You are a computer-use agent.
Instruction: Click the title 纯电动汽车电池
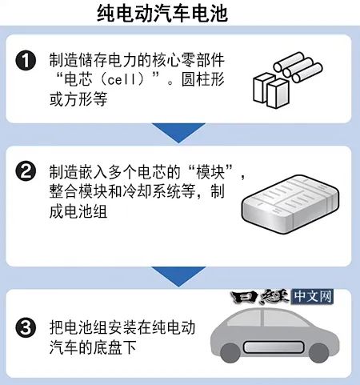pos(162,13)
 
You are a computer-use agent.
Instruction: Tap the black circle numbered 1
pos(26,61)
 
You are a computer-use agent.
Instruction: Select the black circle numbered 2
pos(26,171)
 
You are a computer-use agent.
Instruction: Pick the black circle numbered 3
pos(26,327)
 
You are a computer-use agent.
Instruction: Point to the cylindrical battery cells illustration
pos(298,66)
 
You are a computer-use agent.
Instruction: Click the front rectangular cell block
pos(278,94)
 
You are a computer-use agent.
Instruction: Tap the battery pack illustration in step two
pos(290,204)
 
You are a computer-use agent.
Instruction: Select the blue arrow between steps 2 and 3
pos(178,276)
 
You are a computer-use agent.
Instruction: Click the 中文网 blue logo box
pos(312,297)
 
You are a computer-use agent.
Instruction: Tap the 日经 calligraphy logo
pos(260,297)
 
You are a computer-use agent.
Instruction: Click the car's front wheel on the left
pos(230,353)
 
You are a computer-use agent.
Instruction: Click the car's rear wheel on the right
pos(318,353)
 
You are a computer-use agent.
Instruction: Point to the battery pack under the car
pos(274,347)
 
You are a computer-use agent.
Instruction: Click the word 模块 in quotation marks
pos(210,172)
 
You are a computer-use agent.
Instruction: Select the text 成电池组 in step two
pos(78,212)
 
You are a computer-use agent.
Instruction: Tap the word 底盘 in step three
pos(108,347)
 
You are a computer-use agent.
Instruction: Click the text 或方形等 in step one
pos(78,99)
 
